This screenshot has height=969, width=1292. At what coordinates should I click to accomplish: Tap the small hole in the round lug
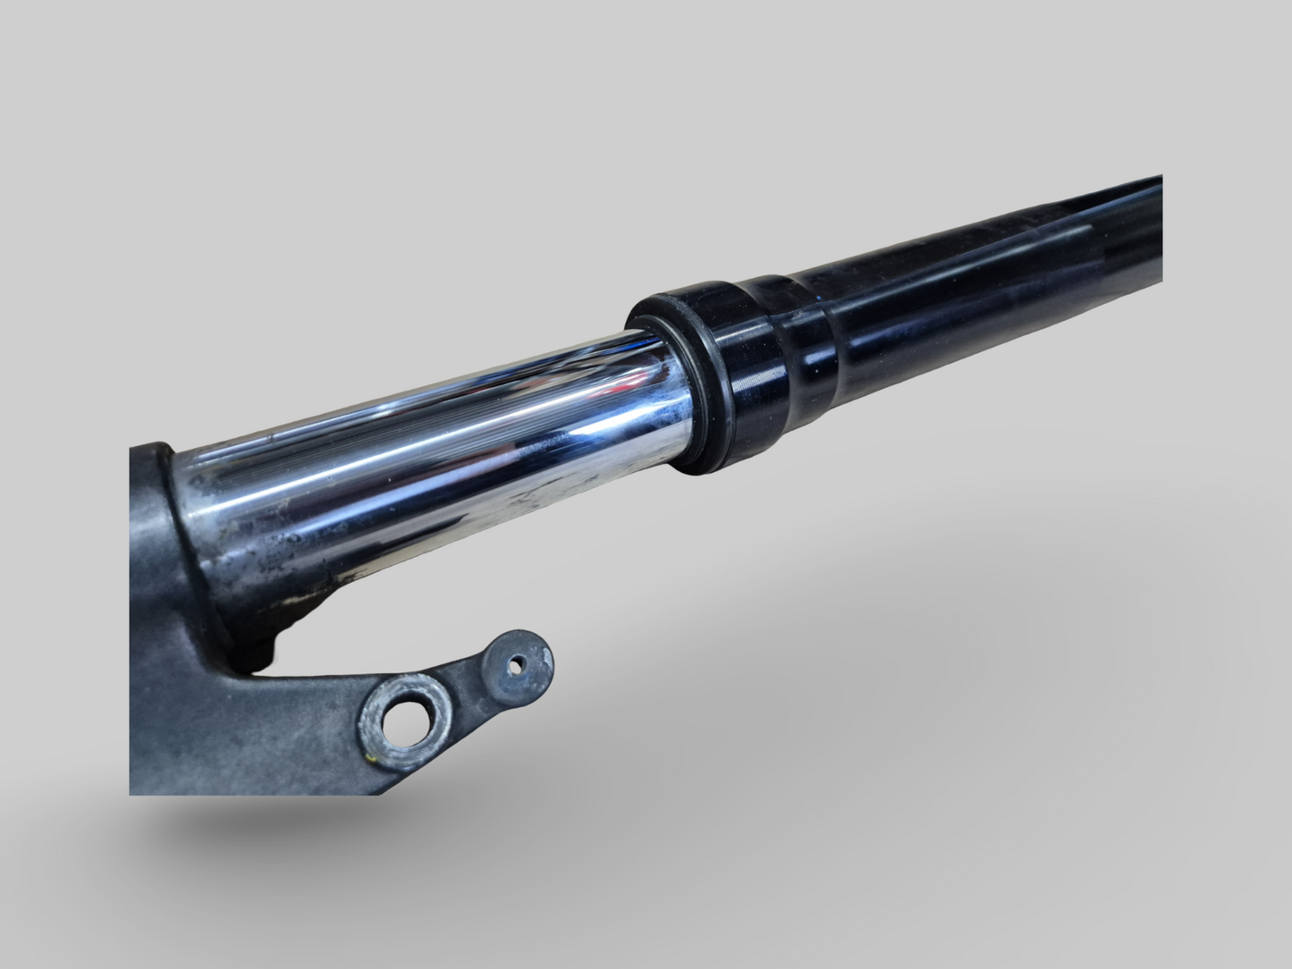click(518, 665)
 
